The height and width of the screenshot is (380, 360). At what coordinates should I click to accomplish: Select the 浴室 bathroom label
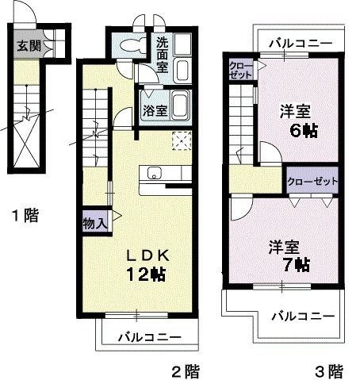click(154, 109)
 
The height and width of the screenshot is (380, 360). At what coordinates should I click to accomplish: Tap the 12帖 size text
click(145, 275)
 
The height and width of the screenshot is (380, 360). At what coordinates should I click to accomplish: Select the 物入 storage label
click(94, 224)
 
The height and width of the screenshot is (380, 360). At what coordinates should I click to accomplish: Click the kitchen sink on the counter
click(153, 174)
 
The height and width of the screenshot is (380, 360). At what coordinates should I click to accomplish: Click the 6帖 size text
click(302, 131)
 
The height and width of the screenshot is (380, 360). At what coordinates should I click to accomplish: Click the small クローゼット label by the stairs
click(240, 69)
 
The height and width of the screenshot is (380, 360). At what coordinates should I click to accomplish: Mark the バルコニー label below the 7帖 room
click(304, 317)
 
